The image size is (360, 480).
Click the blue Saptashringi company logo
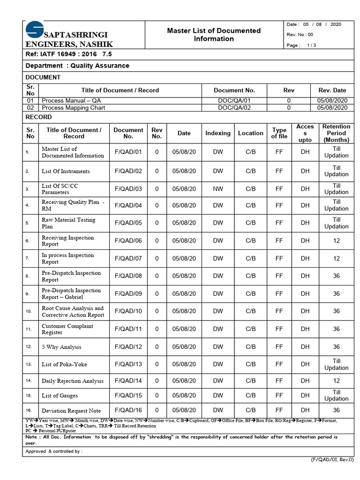34,29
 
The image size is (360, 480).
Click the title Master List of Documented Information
214,35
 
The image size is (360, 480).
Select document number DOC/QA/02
234,107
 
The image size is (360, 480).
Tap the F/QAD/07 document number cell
128,258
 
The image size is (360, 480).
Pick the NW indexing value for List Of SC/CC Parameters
218,189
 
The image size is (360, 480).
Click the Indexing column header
218,133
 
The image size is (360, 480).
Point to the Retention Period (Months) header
336,133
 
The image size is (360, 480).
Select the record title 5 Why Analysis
61,347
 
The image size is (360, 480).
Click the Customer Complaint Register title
67,329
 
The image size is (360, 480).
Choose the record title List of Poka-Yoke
64,364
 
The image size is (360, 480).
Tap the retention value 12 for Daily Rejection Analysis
336,381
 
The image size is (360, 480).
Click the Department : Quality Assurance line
77,66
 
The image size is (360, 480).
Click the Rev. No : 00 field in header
300,35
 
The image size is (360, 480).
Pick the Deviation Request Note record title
71,411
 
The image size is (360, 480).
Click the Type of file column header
279,133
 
